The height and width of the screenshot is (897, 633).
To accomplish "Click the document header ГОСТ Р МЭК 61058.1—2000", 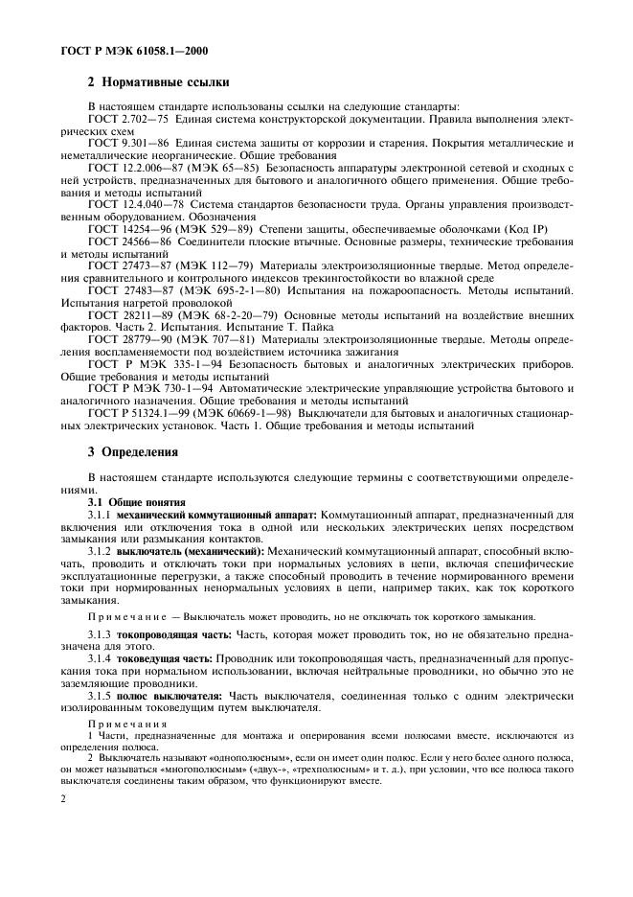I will (x=123, y=48).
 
